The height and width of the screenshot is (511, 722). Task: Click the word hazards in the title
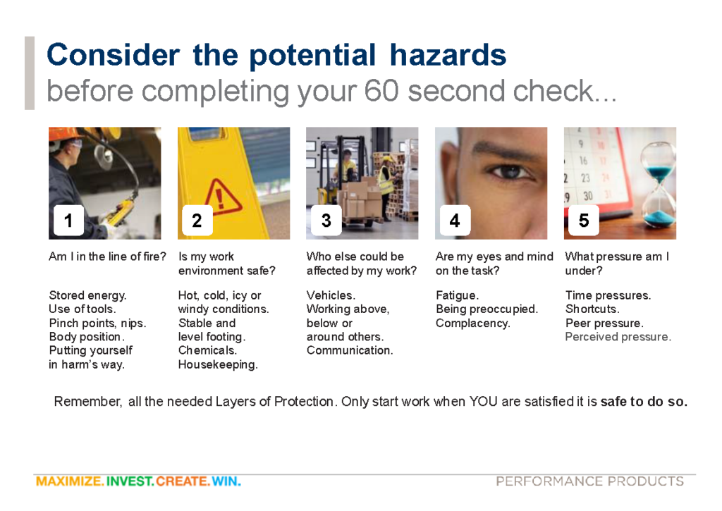(448, 55)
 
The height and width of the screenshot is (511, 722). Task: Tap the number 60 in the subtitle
(381, 91)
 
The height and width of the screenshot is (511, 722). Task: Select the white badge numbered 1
(68, 220)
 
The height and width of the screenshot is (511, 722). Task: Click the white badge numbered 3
(326, 220)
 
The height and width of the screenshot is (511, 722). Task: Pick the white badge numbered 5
(584, 220)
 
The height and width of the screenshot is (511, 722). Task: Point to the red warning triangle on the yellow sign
(222, 198)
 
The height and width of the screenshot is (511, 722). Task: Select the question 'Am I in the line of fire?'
(107, 257)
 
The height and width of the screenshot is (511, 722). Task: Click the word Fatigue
(457, 295)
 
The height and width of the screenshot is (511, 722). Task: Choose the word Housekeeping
(218, 364)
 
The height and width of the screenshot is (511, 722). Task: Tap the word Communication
(350, 350)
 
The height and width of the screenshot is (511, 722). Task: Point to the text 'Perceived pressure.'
(618, 337)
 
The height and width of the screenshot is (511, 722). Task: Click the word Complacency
(473, 324)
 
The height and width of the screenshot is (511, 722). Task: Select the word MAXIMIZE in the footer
(70, 481)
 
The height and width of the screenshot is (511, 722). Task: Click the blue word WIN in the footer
(226, 481)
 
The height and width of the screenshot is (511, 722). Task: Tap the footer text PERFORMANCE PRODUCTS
(589, 481)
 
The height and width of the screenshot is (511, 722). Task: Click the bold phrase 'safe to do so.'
(644, 402)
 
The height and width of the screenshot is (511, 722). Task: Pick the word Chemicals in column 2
(207, 350)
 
